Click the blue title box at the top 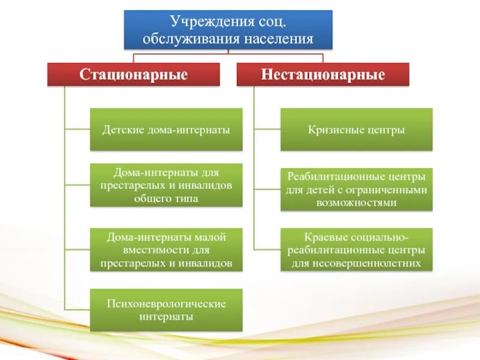(x=228, y=30)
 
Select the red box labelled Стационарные (x=133, y=75)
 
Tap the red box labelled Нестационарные (x=323, y=75)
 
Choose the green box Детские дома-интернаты (x=166, y=130)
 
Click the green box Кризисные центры (x=356, y=130)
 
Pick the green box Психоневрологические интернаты (x=166, y=310)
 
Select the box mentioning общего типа (x=166, y=185)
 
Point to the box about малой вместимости (x=166, y=248)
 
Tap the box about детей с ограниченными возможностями (x=356, y=190)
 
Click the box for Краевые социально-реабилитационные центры (x=356, y=248)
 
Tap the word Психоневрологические (x=166, y=304)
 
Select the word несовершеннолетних (x=356, y=263)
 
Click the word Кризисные (x=332, y=130)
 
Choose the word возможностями (x=356, y=203)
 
